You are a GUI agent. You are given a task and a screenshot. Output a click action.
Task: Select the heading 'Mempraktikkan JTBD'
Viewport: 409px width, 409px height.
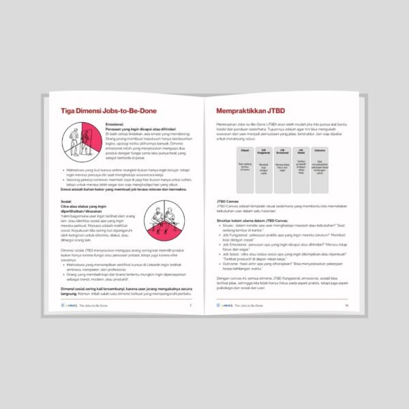click(250, 112)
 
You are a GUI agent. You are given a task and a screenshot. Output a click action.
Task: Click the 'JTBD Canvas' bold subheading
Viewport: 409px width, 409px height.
click(229, 202)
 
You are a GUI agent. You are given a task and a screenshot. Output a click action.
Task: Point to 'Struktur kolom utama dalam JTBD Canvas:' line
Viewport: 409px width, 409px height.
click(252, 222)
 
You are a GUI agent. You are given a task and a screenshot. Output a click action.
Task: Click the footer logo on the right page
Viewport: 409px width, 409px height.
click(224, 305)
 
